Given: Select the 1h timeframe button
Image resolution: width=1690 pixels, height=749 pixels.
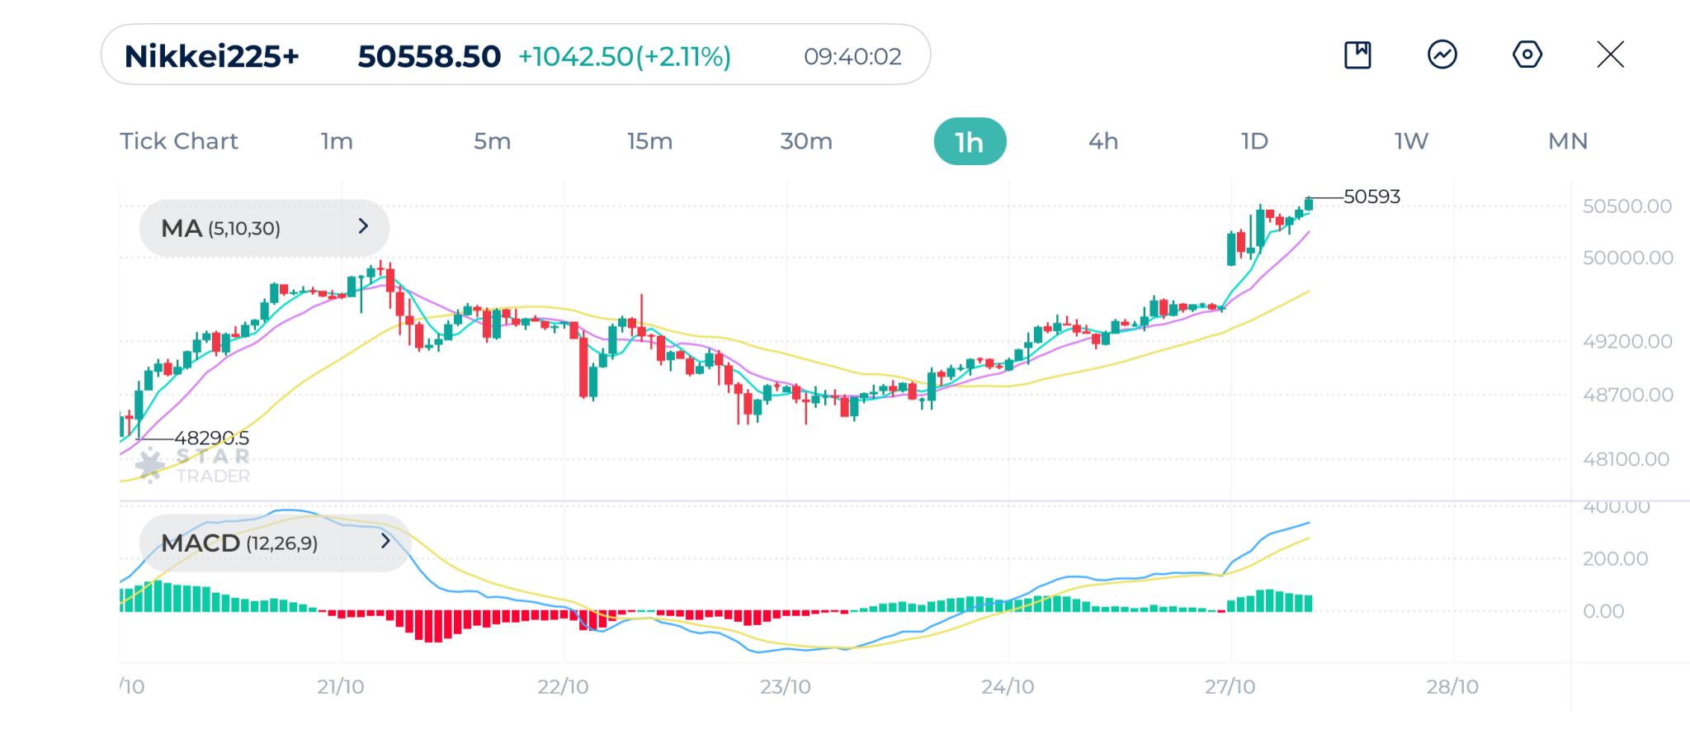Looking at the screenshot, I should [970, 141].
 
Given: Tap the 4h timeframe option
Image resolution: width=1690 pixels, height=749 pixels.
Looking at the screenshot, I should [1103, 141].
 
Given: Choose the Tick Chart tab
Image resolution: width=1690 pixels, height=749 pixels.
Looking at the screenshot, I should [179, 141].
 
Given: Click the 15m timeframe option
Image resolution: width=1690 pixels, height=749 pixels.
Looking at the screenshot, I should [649, 141].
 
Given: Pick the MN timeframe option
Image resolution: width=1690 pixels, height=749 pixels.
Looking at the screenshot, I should [1568, 141].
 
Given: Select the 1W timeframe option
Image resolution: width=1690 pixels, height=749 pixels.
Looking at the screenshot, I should [1411, 141].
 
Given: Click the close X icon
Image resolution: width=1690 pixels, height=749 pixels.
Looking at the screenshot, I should [1610, 55].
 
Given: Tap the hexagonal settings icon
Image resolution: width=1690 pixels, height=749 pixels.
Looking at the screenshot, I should [1527, 55].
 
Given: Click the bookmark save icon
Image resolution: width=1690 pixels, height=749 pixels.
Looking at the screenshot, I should [1357, 55].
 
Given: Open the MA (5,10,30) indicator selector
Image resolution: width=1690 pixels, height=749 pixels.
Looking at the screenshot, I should [264, 228].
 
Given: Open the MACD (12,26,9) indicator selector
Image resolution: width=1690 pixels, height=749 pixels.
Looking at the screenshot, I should [275, 543].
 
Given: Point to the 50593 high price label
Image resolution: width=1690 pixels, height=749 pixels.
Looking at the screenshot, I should [1371, 197].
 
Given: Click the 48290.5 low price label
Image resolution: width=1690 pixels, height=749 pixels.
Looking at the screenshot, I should [211, 438].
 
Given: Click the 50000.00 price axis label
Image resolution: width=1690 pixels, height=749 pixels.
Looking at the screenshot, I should [1627, 258].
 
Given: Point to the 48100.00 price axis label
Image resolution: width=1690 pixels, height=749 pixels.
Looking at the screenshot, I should [1626, 459].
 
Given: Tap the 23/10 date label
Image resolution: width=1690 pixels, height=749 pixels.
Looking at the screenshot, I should [785, 687].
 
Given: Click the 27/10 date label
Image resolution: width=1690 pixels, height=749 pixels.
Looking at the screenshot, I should [1230, 687].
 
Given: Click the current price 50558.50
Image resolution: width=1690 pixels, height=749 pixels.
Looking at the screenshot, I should [429, 56].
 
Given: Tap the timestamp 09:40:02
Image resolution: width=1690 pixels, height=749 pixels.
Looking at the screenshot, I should [852, 56].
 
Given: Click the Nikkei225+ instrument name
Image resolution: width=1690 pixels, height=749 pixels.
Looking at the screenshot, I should [211, 56].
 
